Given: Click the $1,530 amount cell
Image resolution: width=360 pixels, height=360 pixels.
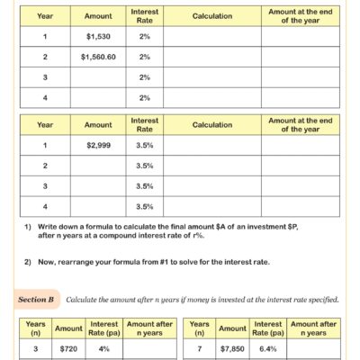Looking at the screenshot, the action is pyautogui.click(x=98, y=37).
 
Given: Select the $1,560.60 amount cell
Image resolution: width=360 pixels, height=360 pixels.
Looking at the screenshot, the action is pyautogui.click(x=98, y=57).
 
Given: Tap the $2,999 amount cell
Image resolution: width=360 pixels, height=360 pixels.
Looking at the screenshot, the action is pyautogui.click(x=98, y=144).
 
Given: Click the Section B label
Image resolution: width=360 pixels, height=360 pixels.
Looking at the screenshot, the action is pyautogui.click(x=38, y=298).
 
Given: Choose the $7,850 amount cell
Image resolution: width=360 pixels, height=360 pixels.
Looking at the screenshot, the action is pyautogui.click(x=232, y=346).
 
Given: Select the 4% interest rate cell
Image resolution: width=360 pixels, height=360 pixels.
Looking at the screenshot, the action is pyautogui.click(x=105, y=346).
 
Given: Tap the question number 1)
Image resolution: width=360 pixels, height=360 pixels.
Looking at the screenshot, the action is pyautogui.click(x=29, y=227).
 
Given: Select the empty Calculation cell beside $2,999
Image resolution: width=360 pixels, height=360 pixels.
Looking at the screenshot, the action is pyautogui.click(x=211, y=144).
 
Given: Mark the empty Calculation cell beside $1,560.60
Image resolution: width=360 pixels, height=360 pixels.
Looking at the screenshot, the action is pyautogui.click(x=211, y=57).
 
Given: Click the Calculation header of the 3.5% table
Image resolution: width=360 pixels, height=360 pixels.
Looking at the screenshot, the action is pyautogui.click(x=211, y=125).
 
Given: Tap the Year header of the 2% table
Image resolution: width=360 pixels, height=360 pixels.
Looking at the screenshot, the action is pyautogui.click(x=44, y=16).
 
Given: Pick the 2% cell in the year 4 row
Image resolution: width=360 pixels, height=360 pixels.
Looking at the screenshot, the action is pyautogui.click(x=145, y=97).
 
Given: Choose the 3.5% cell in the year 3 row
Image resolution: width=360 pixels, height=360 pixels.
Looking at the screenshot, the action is pyautogui.click(x=145, y=185).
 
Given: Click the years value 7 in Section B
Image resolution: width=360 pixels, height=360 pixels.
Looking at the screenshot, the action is pyautogui.click(x=199, y=346).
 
